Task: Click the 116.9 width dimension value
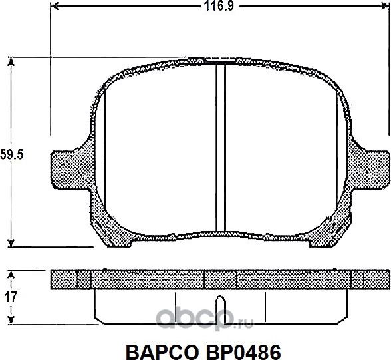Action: point(221,10)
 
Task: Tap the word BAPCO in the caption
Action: point(156,348)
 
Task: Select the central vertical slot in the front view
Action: point(221,153)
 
